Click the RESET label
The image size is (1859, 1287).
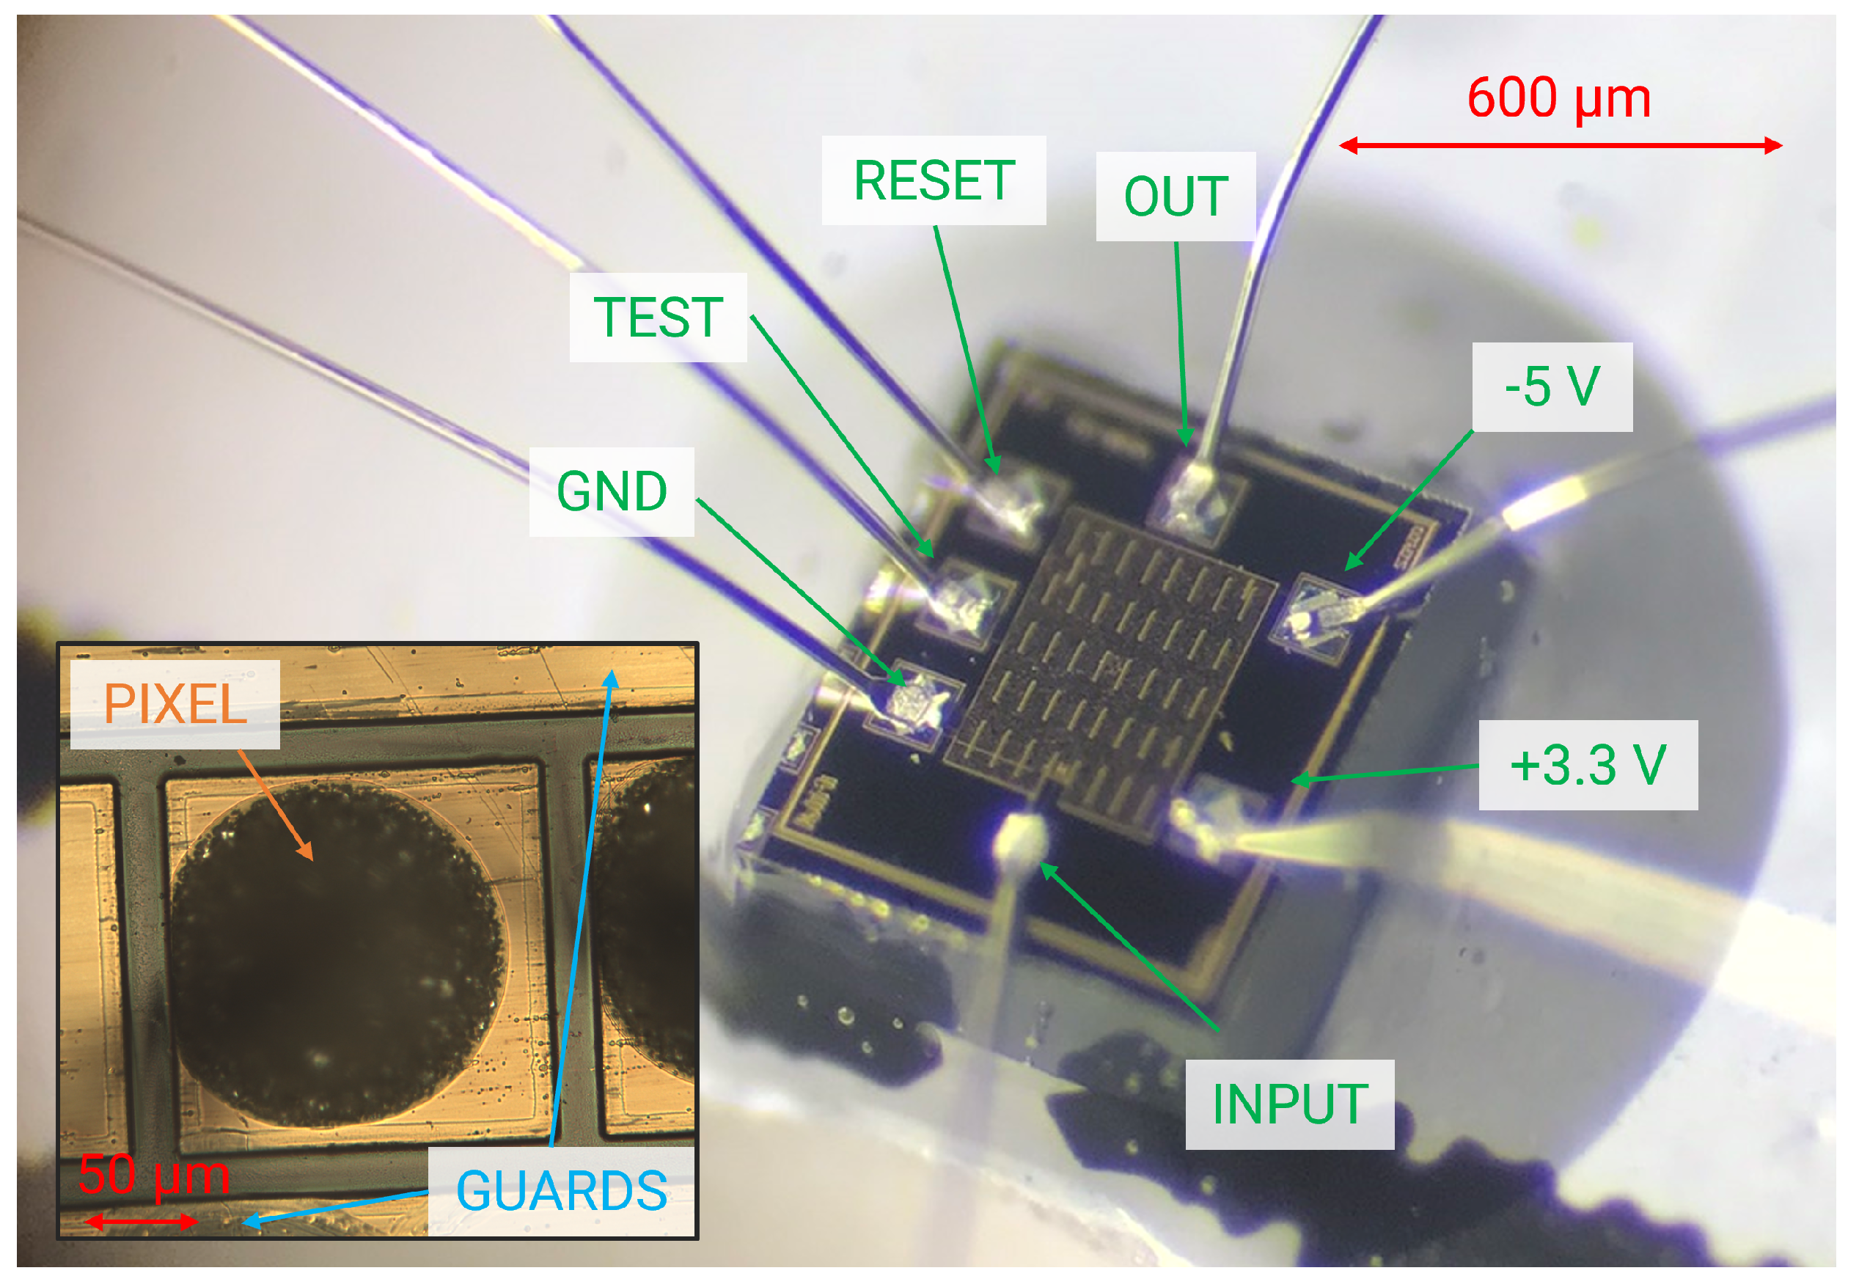tap(933, 180)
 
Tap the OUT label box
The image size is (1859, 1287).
tap(1175, 196)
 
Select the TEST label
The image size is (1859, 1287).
tap(658, 317)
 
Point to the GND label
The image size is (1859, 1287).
tap(611, 491)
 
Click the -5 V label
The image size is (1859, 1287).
tap(1551, 386)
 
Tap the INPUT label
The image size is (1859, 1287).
tap(1288, 1104)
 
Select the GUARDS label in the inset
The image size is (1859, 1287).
tap(561, 1190)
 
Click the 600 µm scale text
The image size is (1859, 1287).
tap(1558, 98)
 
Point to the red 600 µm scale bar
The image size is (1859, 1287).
tap(1559, 146)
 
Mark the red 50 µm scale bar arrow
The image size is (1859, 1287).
tap(141, 1221)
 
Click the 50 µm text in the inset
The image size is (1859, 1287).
tap(153, 1175)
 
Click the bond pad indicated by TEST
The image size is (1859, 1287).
tap(964, 601)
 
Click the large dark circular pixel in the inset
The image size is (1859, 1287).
tap(334, 952)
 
